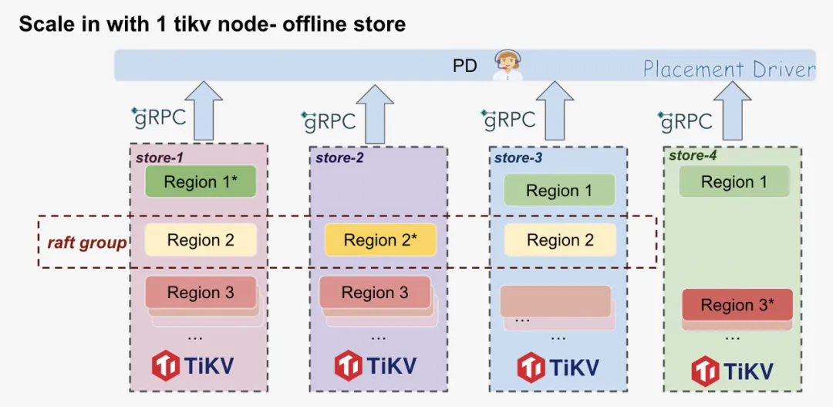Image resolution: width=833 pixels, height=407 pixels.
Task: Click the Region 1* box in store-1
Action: coord(201,182)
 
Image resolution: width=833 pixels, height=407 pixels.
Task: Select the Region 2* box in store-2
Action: coord(380,240)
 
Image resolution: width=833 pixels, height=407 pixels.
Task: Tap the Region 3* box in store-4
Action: coord(737,305)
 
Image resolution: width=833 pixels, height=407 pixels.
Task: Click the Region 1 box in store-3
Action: coord(559,191)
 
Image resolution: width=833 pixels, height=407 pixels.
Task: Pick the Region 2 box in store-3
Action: coord(560,240)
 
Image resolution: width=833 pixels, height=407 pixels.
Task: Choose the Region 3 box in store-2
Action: coord(375,293)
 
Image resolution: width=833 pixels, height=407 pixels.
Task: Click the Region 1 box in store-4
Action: coord(734,182)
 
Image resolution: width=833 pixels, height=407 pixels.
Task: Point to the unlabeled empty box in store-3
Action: coord(555,301)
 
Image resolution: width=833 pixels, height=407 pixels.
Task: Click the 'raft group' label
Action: coord(87,243)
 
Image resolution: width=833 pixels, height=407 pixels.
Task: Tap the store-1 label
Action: coord(159,158)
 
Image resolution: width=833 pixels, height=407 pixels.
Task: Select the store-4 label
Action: coord(692,156)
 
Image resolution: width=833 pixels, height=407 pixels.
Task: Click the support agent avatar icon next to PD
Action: coord(508,65)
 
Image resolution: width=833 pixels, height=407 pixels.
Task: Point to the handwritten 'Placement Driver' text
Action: coord(729,70)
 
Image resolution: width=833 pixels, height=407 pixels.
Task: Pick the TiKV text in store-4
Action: coord(747,371)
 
